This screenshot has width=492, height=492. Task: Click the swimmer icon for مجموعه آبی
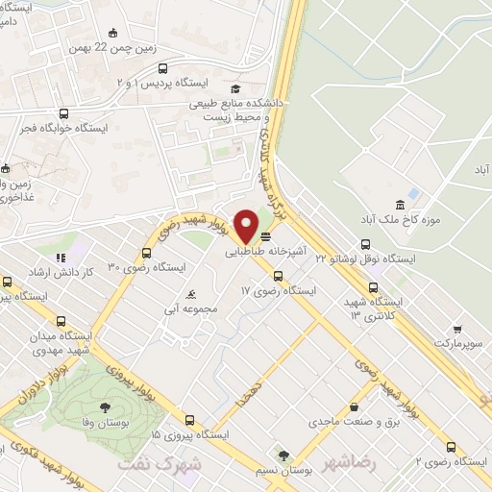tap(193, 294)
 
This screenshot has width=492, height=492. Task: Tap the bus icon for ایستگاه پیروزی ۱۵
tap(188, 420)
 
